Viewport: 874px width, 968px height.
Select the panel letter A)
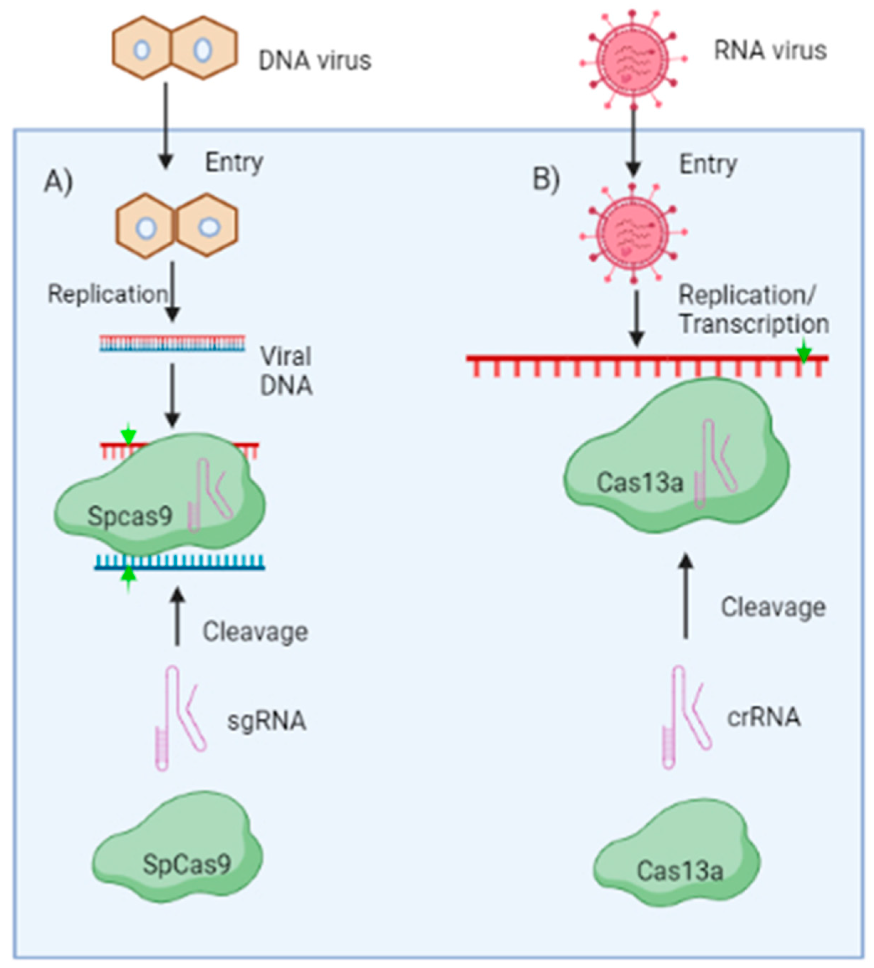(x=58, y=182)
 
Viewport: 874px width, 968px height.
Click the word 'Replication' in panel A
(x=108, y=294)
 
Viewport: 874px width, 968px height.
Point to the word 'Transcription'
(x=754, y=324)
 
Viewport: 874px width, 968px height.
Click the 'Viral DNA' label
(x=286, y=371)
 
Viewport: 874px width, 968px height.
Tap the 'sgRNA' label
(x=267, y=720)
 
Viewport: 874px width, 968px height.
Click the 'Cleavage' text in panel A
(x=255, y=632)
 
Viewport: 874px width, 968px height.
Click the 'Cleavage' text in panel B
(x=773, y=607)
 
